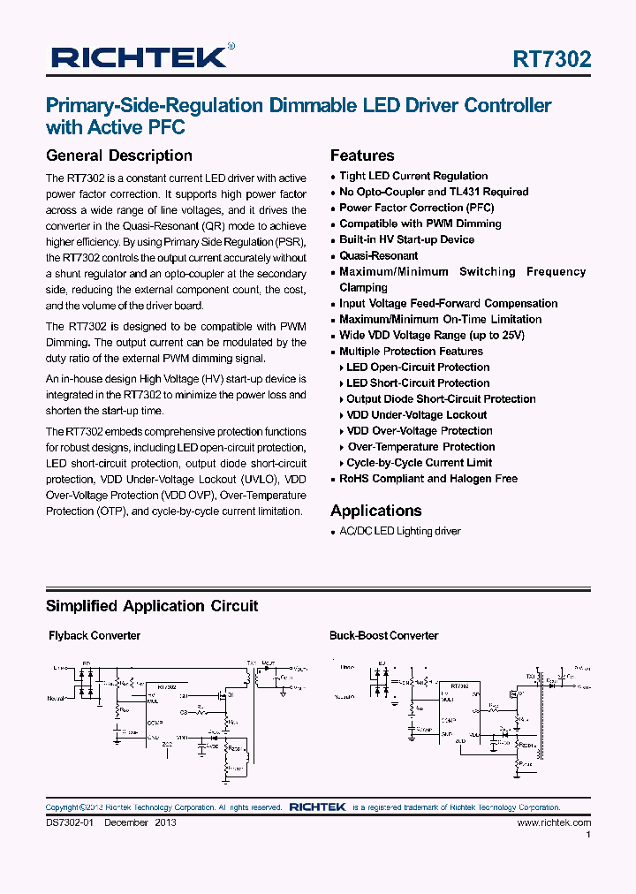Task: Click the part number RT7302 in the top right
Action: tap(552, 59)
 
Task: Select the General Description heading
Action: tap(118, 155)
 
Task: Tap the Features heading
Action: tap(362, 155)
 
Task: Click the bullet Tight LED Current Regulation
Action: tap(413, 176)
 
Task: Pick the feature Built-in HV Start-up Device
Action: tap(406, 239)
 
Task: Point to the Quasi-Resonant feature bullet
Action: tap(378, 255)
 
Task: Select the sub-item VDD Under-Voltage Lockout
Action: tap(416, 414)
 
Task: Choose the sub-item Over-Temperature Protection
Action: tap(420, 446)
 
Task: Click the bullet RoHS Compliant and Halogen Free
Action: tap(428, 478)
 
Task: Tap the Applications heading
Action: tap(376, 511)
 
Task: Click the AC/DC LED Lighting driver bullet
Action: tap(400, 531)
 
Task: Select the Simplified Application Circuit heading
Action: tap(152, 606)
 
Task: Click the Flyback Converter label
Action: tap(94, 635)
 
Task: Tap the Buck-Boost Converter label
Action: tap(383, 635)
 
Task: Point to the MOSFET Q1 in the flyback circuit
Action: tap(225, 695)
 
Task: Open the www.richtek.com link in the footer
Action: tap(554, 822)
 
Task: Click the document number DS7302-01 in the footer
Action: tap(70, 822)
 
